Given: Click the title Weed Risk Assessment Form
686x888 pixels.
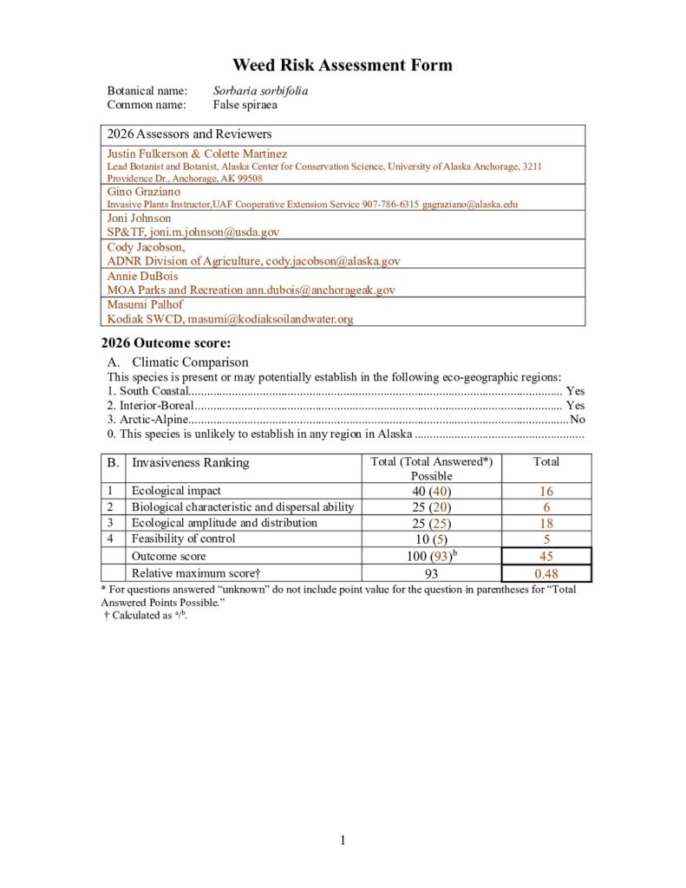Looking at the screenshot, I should tap(343, 66).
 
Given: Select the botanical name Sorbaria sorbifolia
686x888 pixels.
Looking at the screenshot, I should tap(261, 90).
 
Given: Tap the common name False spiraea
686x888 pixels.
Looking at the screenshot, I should tap(245, 105).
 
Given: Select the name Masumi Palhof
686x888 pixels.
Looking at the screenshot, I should tap(145, 304).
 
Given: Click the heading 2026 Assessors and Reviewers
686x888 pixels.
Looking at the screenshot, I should tap(189, 134).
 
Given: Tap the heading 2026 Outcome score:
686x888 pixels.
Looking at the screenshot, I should tap(166, 343).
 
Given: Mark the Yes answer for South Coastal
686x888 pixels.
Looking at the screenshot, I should tap(574, 391).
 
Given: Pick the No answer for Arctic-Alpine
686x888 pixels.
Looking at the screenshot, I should tap(577, 420).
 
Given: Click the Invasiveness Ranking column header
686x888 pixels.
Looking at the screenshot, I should tap(190, 462).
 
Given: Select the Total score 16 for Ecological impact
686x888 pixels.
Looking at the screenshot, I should tap(546, 492).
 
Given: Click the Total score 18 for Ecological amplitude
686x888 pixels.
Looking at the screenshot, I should tap(546, 523).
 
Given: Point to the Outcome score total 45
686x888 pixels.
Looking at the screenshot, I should tap(546, 556).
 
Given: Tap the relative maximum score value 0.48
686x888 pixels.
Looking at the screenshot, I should tap(546, 573).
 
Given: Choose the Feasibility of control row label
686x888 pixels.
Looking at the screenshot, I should tap(183, 539).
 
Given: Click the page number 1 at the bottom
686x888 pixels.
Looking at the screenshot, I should tap(343, 839).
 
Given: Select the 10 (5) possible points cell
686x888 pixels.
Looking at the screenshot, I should tap(431, 539).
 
